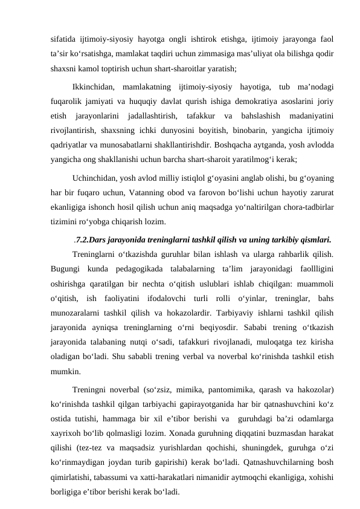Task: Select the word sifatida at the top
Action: (x=64, y=39)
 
